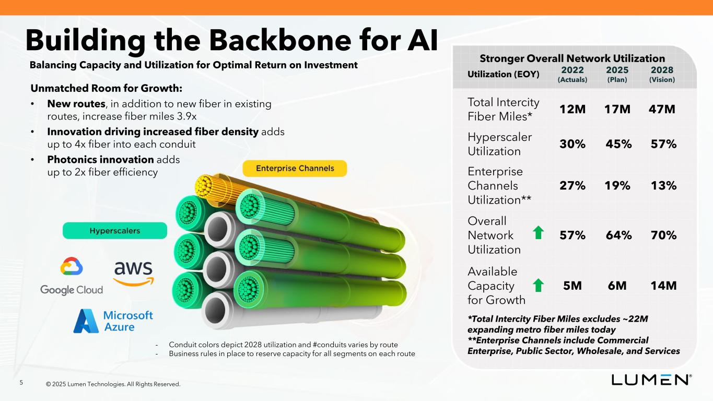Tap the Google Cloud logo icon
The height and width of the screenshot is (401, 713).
click(x=72, y=266)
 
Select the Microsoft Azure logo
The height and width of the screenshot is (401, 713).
click(x=113, y=321)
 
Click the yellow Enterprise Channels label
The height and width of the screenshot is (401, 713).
click(x=295, y=168)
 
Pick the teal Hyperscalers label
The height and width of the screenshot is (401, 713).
click(x=115, y=231)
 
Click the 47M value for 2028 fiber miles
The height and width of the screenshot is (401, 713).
click(x=662, y=109)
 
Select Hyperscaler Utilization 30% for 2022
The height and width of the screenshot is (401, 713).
click(x=572, y=144)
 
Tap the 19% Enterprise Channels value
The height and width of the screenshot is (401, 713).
click(x=617, y=185)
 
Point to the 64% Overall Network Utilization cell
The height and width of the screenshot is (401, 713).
click(x=618, y=235)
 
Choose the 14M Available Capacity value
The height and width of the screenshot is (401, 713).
click(x=663, y=286)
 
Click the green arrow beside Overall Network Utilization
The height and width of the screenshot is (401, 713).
click(x=538, y=232)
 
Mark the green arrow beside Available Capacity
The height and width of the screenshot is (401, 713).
click(x=538, y=285)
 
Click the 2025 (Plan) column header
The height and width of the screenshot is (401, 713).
click(x=617, y=74)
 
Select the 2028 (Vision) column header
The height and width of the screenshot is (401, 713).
click(x=662, y=74)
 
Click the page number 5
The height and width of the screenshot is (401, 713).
click(x=21, y=383)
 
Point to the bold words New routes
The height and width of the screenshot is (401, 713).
click(x=76, y=104)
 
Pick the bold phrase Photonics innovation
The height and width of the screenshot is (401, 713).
click(x=101, y=159)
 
